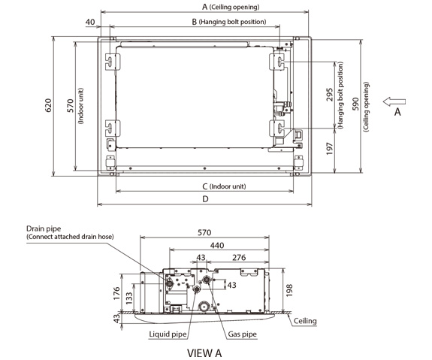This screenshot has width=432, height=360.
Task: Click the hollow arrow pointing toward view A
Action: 394,101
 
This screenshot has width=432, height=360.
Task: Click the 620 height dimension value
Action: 48,105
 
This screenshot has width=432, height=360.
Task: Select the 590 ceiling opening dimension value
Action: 355,104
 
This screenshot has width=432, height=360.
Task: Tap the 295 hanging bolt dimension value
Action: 330,95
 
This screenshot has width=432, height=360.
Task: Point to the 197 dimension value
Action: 330,149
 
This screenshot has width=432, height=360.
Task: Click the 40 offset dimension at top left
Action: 90,22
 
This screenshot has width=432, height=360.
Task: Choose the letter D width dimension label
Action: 205,198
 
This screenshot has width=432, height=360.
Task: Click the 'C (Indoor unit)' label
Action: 224,186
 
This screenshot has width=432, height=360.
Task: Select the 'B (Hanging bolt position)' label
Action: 229,22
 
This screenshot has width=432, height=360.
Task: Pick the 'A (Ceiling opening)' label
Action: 231,7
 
